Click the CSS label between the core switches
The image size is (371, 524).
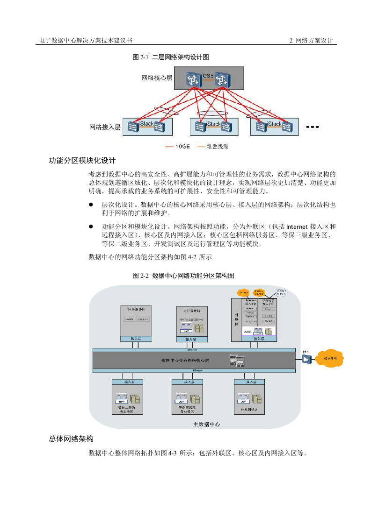click(x=208, y=76)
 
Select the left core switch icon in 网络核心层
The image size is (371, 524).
click(x=192, y=79)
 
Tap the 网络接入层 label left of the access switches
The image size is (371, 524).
click(x=105, y=127)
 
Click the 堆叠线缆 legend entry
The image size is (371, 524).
click(x=212, y=146)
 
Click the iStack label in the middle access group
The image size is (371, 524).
click(x=213, y=124)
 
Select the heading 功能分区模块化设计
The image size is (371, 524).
click(x=82, y=161)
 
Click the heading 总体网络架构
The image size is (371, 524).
click(x=71, y=439)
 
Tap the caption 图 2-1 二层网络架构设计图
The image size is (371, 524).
click(x=170, y=57)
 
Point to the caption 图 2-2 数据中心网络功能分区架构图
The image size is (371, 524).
click(x=183, y=276)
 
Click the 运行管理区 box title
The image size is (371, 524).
click(x=191, y=310)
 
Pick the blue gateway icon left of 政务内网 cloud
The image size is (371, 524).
click(x=306, y=359)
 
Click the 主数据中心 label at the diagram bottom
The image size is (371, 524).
click(x=206, y=424)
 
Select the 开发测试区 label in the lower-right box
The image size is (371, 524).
click(x=249, y=409)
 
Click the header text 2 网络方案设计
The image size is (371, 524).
click(x=311, y=41)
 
